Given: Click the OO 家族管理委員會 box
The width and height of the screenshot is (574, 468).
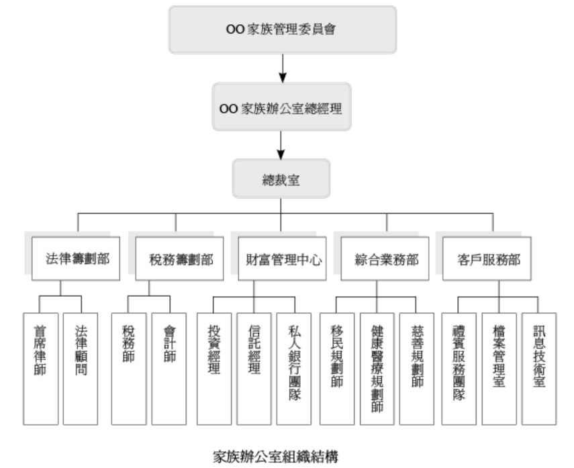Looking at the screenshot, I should point(283,30).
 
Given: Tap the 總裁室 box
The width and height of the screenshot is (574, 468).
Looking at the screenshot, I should point(281,178).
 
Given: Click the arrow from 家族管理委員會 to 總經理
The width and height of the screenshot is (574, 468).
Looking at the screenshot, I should point(283,67).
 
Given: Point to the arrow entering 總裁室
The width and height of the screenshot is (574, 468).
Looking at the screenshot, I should point(281,144).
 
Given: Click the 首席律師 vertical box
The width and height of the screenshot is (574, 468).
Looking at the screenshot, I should point(40,368).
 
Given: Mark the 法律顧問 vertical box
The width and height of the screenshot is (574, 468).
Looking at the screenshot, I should point(80,368).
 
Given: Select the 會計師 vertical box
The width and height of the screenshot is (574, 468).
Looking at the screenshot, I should point(169,368).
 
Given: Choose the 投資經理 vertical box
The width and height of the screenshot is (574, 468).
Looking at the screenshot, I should point(214,368).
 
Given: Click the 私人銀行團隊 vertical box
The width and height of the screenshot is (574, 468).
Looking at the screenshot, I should point(294,368).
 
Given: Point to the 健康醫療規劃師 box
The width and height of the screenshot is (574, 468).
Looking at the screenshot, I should point(377,368).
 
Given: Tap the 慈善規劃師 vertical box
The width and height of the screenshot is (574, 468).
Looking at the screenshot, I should point(416,368).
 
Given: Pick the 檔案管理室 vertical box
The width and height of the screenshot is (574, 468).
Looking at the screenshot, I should point(499,368).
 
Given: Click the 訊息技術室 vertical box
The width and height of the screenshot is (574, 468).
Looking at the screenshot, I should point(538,368).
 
